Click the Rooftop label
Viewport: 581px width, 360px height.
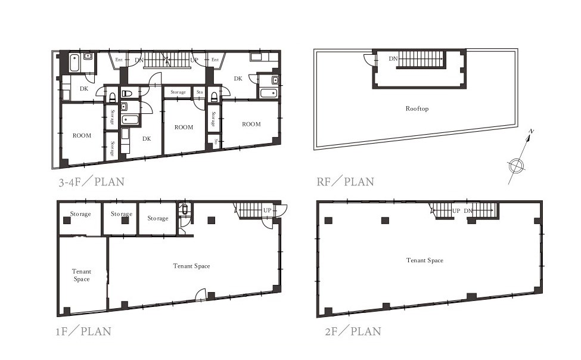pyautogui.click(x=417, y=108)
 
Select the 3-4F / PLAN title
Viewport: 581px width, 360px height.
pyautogui.click(x=91, y=182)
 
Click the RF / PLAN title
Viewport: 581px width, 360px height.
pyautogui.click(x=346, y=182)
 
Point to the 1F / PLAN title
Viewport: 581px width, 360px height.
pyautogui.click(x=83, y=331)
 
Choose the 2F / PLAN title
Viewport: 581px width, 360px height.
pyautogui.click(x=353, y=331)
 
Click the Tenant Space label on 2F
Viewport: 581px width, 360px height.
pyautogui.click(x=425, y=260)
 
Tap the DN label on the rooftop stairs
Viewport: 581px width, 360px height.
pyautogui.click(x=393, y=58)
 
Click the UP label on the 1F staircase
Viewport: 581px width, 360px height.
pyautogui.click(x=267, y=210)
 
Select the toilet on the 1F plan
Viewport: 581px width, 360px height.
pyautogui.click(x=185, y=209)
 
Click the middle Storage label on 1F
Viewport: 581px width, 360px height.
pyautogui.click(x=122, y=214)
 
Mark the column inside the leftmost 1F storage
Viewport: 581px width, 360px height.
pyautogui.click(x=67, y=221)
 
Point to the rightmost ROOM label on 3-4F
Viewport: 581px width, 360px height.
pyautogui.click(x=251, y=124)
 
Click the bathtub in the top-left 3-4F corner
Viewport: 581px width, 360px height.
pyautogui.click(x=74, y=63)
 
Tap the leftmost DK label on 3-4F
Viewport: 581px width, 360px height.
pyautogui.click(x=84, y=89)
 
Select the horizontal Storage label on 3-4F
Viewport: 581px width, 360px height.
pyautogui.click(x=178, y=92)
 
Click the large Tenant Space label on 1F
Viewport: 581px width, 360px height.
pyautogui.click(x=191, y=266)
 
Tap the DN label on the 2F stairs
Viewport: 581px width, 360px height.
pyautogui.click(x=468, y=210)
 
